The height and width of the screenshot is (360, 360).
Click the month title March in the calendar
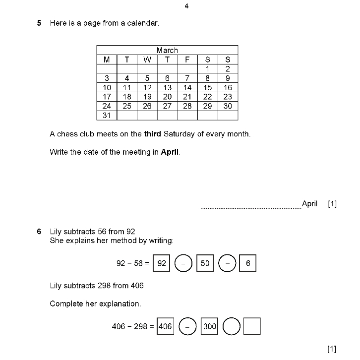pyautogui.click(x=167, y=50)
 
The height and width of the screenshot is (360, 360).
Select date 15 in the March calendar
pyautogui.click(x=207, y=88)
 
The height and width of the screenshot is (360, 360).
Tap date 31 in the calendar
pyautogui.click(x=107, y=116)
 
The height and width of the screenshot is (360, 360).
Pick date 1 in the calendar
pyautogui.click(x=207, y=69)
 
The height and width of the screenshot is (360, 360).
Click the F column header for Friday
pyautogui.click(x=187, y=60)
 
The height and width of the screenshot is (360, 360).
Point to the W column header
pyautogui.click(x=147, y=60)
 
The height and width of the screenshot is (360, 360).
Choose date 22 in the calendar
pyautogui.click(x=207, y=97)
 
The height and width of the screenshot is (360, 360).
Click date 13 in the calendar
pyautogui.click(x=168, y=88)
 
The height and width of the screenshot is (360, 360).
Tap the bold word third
pyautogui.click(x=153, y=134)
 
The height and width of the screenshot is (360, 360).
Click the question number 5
pyautogui.click(x=39, y=23)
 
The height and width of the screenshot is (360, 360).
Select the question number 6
pyautogui.click(x=39, y=232)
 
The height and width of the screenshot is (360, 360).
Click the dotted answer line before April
pyautogui.click(x=250, y=207)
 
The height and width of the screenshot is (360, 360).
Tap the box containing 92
pyautogui.click(x=162, y=263)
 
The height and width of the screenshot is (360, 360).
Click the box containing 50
pyautogui.click(x=205, y=263)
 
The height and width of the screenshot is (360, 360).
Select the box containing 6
pyautogui.click(x=248, y=263)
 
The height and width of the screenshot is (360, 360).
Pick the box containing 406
pyautogui.click(x=165, y=327)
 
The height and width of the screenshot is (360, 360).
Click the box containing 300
pyautogui.click(x=209, y=327)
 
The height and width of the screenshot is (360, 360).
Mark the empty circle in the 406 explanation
pyautogui.click(x=231, y=327)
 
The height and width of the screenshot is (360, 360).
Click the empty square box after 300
pyautogui.click(x=252, y=327)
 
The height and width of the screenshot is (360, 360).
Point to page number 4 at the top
pyautogui.click(x=186, y=6)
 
